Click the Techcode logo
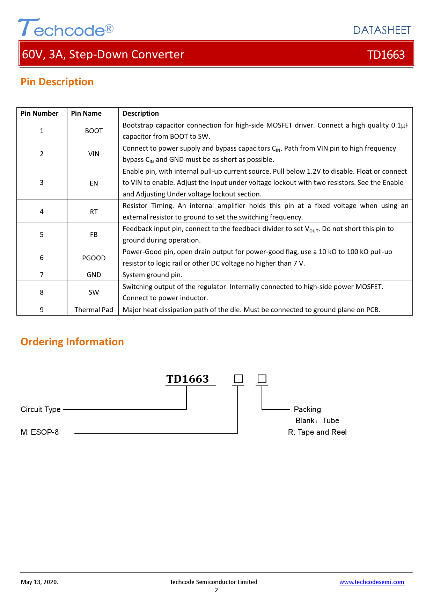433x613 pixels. [66, 28]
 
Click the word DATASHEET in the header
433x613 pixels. [382, 30]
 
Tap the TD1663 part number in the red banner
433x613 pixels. [386, 55]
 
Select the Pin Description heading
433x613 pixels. [57, 82]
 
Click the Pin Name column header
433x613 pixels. [86, 113]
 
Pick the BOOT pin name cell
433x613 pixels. [94, 131]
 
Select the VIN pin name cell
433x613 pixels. [94, 154]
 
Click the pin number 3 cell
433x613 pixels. [42, 182]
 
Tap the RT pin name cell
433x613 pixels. [94, 212]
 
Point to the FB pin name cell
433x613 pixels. [94, 235]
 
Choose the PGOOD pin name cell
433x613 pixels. [94, 258]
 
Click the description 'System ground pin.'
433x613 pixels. [152, 275]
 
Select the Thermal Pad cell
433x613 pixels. [94, 310]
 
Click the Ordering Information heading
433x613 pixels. [72, 342]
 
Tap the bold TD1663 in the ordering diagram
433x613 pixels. [188, 379]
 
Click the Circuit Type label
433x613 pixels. [41, 409]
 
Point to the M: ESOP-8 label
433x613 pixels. [39, 432]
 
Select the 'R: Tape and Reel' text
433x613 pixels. [317, 432]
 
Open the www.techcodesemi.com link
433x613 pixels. [372, 582]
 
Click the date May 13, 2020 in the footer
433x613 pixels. [39, 582]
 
